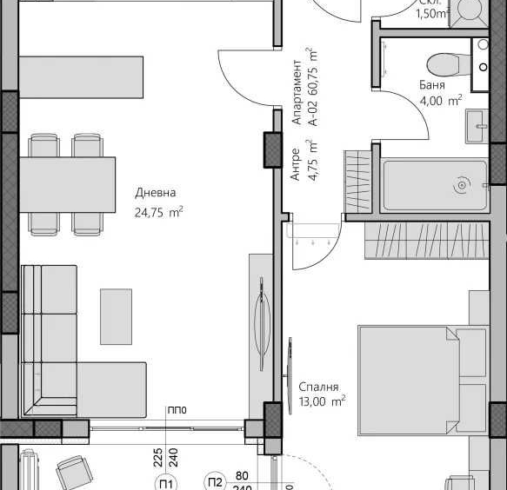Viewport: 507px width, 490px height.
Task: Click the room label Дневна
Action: [x=156, y=194]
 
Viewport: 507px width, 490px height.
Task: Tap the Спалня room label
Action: [x=317, y=387]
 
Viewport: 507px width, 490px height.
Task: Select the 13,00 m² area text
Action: [x=322, y=401]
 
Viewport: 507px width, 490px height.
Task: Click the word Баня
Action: [x=431, y=86]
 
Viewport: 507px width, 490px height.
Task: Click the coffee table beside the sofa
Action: [x=116, y=316]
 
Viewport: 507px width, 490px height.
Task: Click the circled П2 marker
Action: [x=215, y=482]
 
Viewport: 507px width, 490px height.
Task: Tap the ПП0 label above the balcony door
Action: [x=177, y=411]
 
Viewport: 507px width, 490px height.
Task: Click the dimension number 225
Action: [x=158, y=458]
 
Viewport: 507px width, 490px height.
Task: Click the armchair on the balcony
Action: [x=74, y=473]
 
